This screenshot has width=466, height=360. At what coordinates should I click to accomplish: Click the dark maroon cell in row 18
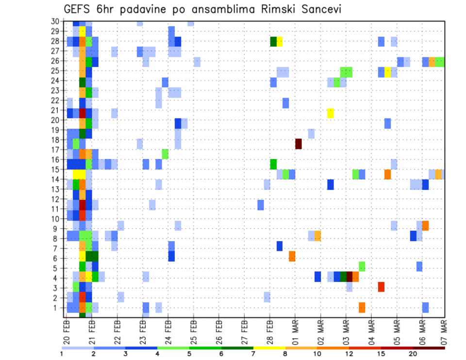pyautogui.click(x=299, y=144)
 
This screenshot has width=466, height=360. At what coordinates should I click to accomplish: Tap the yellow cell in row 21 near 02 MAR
pyautogui.click(x=331, y=113)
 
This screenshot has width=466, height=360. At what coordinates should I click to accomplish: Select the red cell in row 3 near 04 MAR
pyautogui.click(x=381, y=287)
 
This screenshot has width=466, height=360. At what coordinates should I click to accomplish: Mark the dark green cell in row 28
pyautogui.click(x=273, y=42)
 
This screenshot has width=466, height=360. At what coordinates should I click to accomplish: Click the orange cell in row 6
pyautogui.click(x=292, y=256)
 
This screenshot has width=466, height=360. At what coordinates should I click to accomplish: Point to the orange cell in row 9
pyautogui.click(x=425, y=226)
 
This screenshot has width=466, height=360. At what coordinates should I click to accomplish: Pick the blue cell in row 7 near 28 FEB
pyautogui.click(x=280, y=246)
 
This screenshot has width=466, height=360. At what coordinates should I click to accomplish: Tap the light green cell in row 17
pyautogui.click(x=166, y=154)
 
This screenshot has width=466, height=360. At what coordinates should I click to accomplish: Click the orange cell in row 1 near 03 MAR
pyautogui.click(x=362, y=307)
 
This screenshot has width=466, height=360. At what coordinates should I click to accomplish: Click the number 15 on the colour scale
pyautogui.click(x=381, y=354)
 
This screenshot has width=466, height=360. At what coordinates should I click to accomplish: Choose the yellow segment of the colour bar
pyautogui.click(x=269, y=348)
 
